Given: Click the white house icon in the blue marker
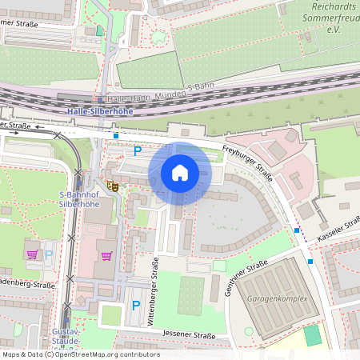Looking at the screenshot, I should pos(180,173).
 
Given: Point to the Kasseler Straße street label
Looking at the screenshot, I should pos(341,232).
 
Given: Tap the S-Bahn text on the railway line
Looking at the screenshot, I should pos(202,86).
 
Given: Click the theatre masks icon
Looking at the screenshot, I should pos(114,186).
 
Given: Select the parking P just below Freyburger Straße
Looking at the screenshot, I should pos(137,150).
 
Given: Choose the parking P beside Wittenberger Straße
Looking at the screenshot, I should pos(135,305).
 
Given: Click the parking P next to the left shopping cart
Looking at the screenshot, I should pos(49,255).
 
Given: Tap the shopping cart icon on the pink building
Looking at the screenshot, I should pos(106,256).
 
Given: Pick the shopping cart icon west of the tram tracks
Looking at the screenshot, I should pos(32,254).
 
